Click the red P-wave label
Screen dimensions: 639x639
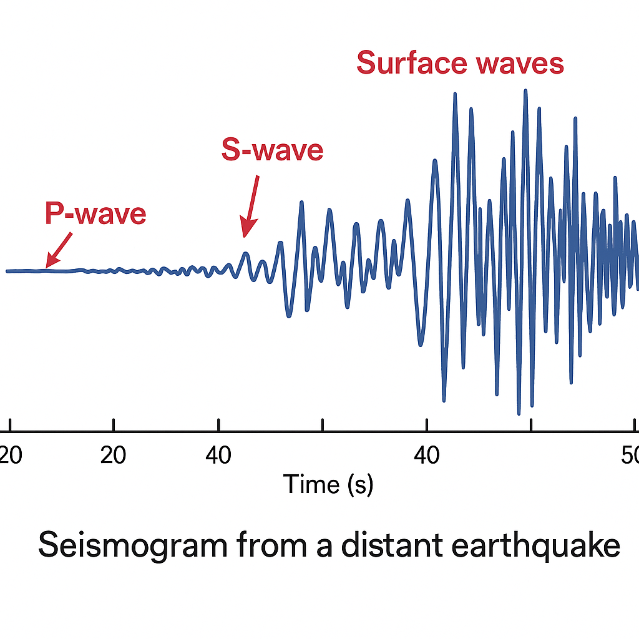pyautogui.click(x=95, y=214)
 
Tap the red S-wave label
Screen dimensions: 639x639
pyautogui.click(x=272, y=150)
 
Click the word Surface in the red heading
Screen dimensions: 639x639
pyautogui.click(x=406, y=64)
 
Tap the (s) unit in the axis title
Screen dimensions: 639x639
pyautogui.click(x=359, y=485)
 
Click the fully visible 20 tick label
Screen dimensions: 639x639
pyautogui.click(x=113, y=456)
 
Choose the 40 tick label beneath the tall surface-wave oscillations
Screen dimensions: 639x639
pyautogui.click(x=426, y=456)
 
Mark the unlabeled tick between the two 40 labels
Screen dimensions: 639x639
pyautogui.click(x=322, y=424)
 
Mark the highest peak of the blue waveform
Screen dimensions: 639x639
pyautogui.click(x=525, y=90)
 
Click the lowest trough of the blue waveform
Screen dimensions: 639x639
pyautogui.click(x=519, y=413)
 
